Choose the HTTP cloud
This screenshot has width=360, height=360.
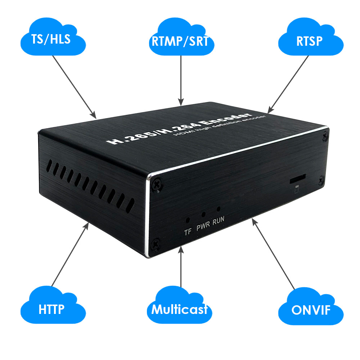53,305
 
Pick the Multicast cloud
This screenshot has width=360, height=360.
179,305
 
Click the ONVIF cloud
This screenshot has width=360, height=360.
311,306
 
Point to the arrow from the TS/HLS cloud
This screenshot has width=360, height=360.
75,87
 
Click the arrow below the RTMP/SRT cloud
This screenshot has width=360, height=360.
181,81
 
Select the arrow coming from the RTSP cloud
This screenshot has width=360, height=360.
288,85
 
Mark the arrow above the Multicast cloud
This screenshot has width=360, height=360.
181,266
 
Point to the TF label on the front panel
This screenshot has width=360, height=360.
188,232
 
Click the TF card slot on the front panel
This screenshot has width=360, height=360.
298,179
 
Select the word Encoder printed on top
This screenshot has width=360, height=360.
226,119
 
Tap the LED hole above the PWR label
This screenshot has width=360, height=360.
203,215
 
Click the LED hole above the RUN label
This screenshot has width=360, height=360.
219,209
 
